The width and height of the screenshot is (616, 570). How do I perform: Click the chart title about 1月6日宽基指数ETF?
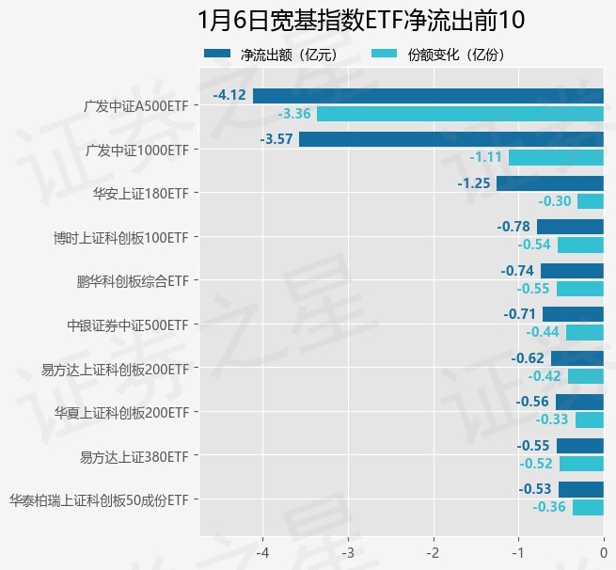pos(361,21)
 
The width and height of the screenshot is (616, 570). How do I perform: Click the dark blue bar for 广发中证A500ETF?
pos(428,95)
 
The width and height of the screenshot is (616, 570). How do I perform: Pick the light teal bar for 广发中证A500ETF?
pos(460,114)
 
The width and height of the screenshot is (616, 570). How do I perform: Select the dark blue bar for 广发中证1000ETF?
pos(451,139)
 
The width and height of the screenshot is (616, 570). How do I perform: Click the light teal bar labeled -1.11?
pos(556,157)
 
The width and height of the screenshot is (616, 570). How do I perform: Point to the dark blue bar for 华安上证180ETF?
pos(550,182)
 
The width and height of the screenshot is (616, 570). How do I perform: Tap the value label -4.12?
pos(229,95)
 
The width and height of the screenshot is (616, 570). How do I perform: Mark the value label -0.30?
pos(555,201)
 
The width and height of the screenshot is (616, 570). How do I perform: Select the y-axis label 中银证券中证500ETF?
pos(128,325)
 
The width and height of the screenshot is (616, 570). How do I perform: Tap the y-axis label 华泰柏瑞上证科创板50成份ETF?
pos(99,500)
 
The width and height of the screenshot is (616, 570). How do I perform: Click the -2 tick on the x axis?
pos(434,551)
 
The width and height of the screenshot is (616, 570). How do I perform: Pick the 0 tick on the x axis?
pos(604,551)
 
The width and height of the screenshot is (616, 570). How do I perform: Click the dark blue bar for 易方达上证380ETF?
pos(580,446)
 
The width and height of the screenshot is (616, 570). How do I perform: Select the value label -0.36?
pos(549,508)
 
